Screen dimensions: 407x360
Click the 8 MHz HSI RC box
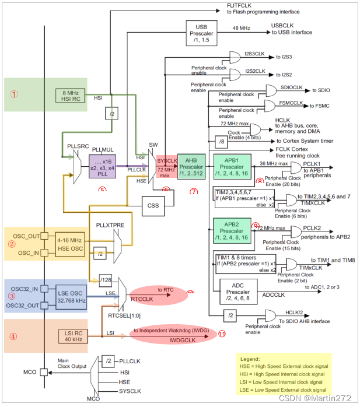tap(71, 94)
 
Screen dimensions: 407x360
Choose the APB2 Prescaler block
tap(232, 230)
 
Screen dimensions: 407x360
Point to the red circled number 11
tap(221, 334)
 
